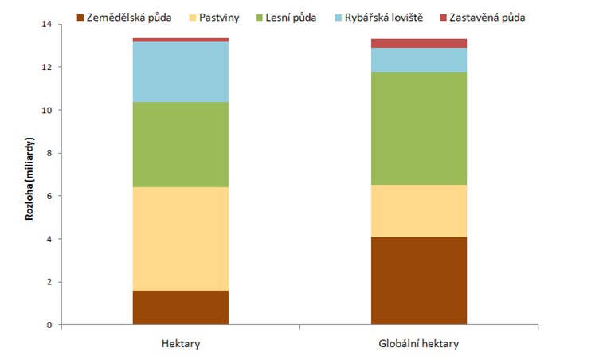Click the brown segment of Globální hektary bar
[419, 280]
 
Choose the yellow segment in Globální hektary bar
[419, 211]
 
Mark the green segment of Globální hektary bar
[419, 128]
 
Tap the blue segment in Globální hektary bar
[419, 60]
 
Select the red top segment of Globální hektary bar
[419, 43]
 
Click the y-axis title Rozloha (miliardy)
[29, 174]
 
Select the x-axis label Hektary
[180, 343]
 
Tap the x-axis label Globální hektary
[419, 343]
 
